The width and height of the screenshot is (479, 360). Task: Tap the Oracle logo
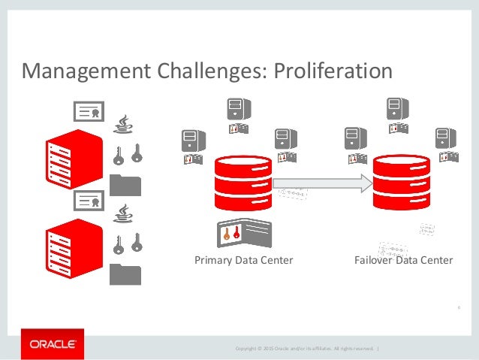pyautogui.click(x=53, y=344)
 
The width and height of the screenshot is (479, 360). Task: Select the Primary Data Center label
pyautogui.click(x=243, y=261)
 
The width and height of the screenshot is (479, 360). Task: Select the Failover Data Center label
pyautogui.click(x=403, y=261)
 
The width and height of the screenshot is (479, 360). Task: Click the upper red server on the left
pyautogui.click(x=73, y=159)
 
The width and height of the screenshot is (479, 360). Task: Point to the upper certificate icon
pyautogui.click(x=88, y=112)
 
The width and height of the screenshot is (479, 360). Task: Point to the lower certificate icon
pyautogui.click(x=88, y=201)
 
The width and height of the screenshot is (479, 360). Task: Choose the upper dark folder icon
pyautogui.click(x=125, y=183)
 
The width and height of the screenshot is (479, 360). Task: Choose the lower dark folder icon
pyautogui.click(x=125, y=273)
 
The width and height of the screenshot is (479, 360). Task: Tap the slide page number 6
pyautogui.click(x=457, y=307)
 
